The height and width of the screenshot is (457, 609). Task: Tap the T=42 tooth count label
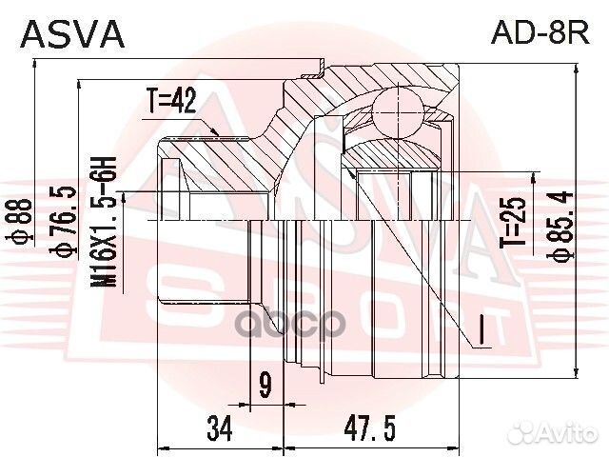[x=170, y=101]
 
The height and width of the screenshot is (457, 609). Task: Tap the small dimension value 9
[x=265, y=386]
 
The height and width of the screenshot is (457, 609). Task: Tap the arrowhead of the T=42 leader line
[x=223, y=132]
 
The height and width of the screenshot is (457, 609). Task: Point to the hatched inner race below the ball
[x=390, y=149]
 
